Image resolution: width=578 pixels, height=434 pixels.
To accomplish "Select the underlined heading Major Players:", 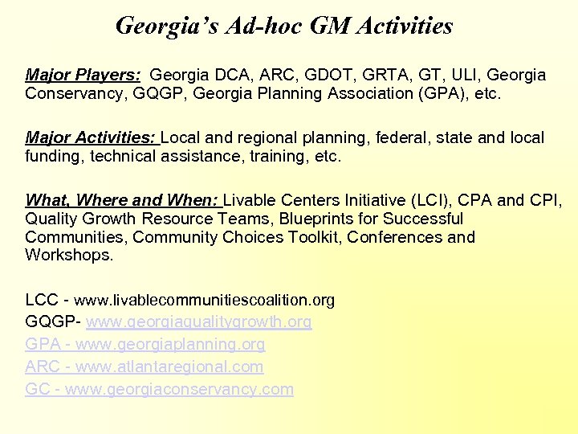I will pyautogui.click(x=83, y=76).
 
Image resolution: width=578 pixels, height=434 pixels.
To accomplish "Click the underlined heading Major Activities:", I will pyautogui.click(x=92, y=138).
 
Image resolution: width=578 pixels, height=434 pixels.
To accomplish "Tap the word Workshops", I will pyautogui.click(x=69, y=256).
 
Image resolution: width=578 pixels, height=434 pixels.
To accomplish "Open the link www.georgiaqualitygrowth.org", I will pyautogui.click(x=199, y=322).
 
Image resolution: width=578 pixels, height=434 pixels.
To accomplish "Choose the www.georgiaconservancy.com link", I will pyautogui.click(x=178, y=390).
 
